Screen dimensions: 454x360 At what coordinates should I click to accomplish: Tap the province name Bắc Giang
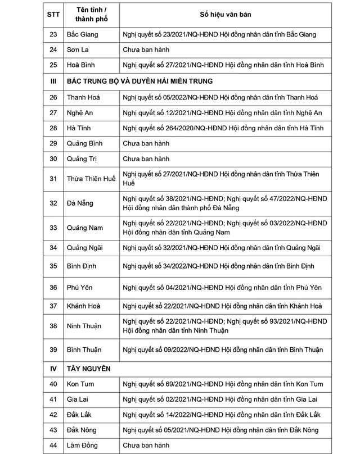coord(82,34)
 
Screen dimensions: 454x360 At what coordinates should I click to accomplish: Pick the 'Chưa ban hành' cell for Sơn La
coord(146,49)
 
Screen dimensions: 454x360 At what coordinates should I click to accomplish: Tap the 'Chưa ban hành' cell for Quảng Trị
coord(146,159)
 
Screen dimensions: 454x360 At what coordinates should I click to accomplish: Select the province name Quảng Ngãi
coord(85,247)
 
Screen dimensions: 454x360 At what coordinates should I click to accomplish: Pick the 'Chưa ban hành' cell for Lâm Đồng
coord(146,446)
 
